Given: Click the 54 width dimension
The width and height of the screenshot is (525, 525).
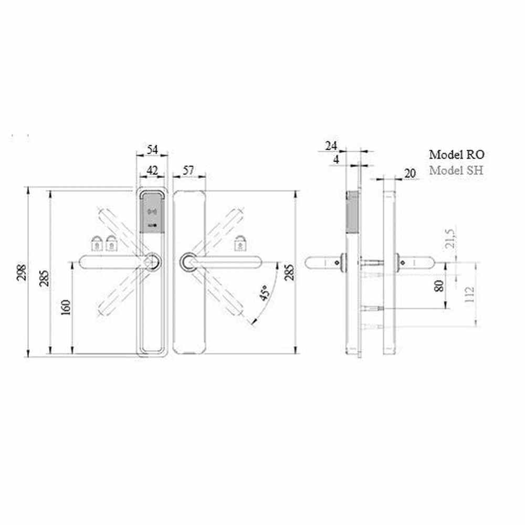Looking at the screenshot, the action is tap(152, 149).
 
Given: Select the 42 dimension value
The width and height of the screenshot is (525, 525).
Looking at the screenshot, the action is tap(152, 171).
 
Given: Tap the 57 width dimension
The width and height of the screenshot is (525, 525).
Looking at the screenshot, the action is tap(188, 170).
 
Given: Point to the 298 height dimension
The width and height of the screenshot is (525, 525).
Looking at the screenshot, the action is tap(22, 272).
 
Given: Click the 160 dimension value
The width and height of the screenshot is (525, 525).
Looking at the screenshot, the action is tap(66, 307).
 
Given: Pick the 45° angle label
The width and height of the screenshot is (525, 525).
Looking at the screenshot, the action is tap(265, 292).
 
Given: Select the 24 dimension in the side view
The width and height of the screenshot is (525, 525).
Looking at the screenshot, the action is tap(331, 146).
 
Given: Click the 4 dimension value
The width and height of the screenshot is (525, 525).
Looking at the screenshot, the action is tap(336, 160).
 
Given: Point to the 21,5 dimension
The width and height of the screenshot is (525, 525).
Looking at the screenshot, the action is tap(450, 238).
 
